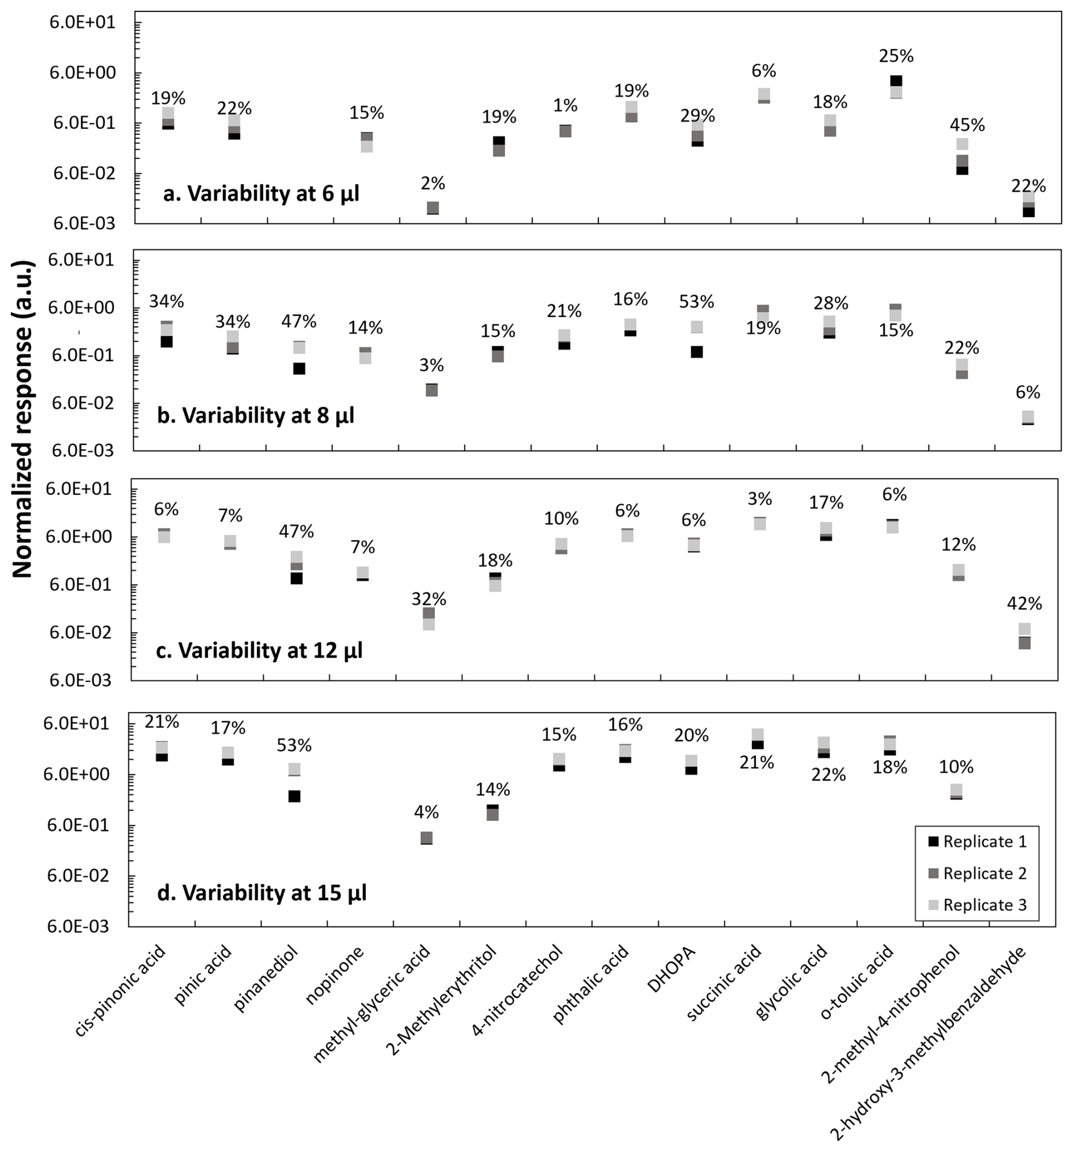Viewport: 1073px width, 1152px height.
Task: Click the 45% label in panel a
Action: [x=966, y=125]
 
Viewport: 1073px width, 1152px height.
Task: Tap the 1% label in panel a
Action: [x=565, y=105]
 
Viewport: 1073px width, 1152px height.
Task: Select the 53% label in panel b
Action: [x=696, y=302]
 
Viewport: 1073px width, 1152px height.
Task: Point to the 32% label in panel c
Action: [x=428, y=599]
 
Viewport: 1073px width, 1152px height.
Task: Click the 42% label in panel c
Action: [x=1024, y=604]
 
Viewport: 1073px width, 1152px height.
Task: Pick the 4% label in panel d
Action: [x=426, y=812]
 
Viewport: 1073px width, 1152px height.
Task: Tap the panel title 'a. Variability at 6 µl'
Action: [x=261, y=193]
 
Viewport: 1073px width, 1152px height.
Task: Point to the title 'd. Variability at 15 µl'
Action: [x=261, y=893]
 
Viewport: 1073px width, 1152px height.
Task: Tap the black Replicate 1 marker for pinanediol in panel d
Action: [x=294, y=796]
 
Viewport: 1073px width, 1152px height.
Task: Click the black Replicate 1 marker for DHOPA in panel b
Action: [x=696, y=351]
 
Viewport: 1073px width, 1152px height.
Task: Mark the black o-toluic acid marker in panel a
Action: [x=895, y=81]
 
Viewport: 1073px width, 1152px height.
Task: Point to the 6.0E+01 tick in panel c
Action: [x=79, y=489]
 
